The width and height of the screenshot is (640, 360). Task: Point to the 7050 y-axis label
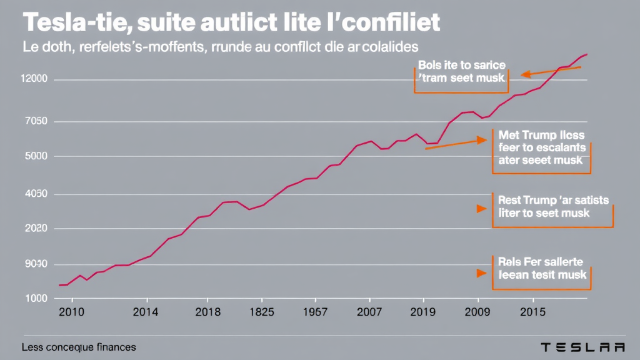click(x=34, y=121)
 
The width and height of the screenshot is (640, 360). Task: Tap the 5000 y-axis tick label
click(x=34, y=156)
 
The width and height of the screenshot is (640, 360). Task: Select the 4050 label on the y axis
click(x=34, y=195)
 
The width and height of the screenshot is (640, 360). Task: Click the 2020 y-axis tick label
click(x=34, y=229)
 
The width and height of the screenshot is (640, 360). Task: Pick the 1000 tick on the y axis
click(x=34, y=298)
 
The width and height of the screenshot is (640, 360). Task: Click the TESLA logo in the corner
click(x=582, y=347)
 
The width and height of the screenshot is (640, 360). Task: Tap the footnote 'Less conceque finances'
click(x=78, y=347)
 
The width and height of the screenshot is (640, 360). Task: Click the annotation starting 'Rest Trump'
click(x=552, y=207)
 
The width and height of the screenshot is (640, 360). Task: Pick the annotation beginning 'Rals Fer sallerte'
click(x=541, y=269)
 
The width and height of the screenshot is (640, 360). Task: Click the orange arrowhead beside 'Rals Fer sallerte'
click(x=481, y=273)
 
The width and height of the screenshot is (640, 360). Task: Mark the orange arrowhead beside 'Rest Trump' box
click(x=481, y=209)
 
